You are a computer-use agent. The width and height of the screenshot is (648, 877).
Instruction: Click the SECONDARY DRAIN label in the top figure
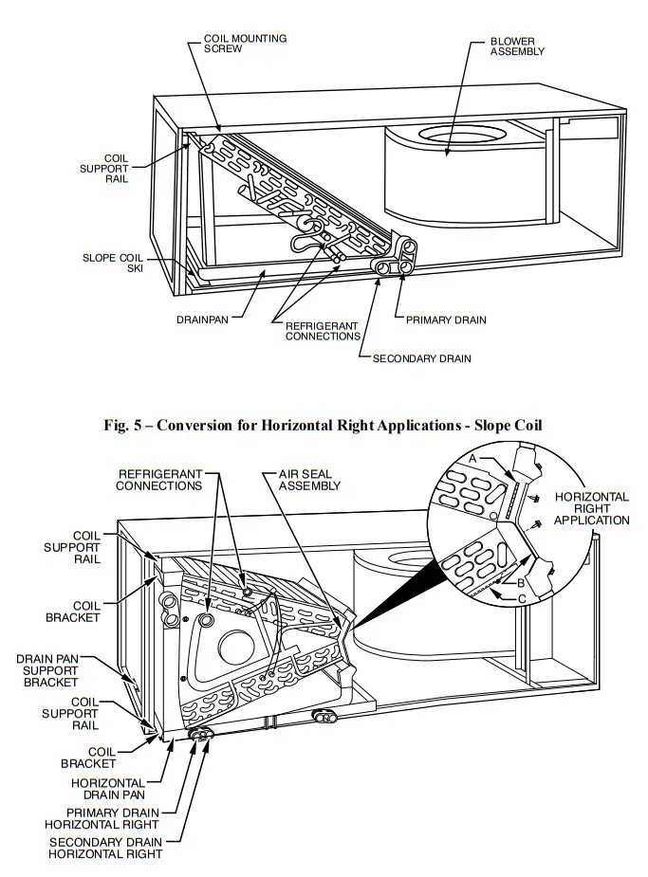click(421, 358)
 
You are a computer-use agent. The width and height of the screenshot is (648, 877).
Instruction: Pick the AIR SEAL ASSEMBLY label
click(309, 479)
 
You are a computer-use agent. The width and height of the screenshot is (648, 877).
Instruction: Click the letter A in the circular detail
click(472, 458)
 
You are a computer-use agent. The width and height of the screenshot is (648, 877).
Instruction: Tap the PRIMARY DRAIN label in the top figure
click(446, 320)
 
